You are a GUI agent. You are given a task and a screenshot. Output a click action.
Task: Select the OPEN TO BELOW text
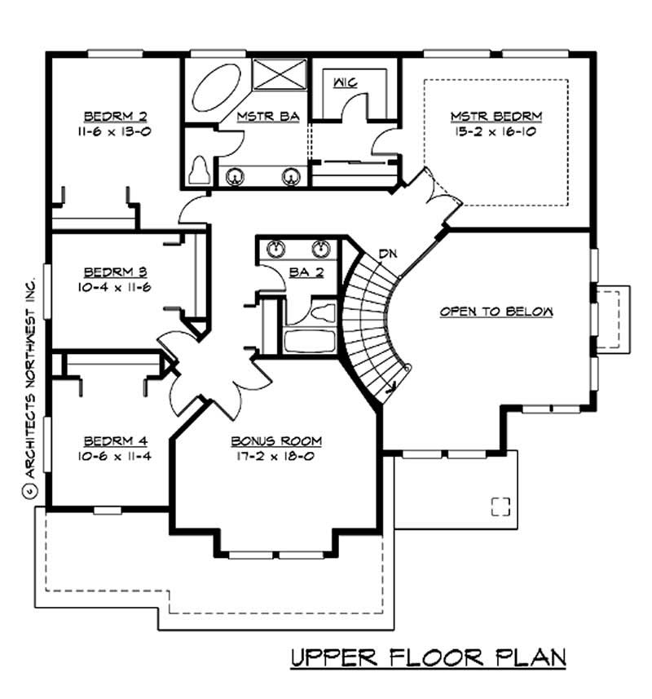496,312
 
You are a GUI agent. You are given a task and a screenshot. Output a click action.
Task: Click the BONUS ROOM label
276,441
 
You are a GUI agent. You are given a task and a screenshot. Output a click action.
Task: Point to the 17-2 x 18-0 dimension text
276,457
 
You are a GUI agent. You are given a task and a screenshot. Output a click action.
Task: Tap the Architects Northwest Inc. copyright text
30,383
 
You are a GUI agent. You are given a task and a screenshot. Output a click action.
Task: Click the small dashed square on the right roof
500,506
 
